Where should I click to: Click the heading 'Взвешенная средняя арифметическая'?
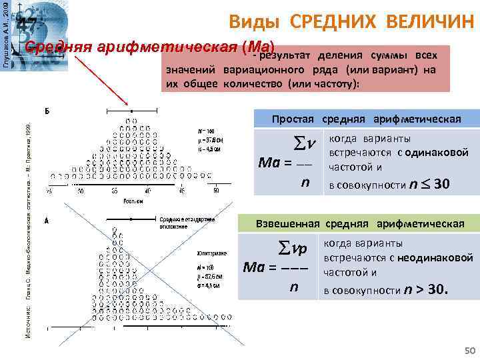click(x=361, y=223)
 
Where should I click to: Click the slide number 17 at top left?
click(x=27, y=25)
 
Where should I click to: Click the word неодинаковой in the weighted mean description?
click(x=436, y=257)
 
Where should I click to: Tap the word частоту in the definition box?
click(x=336, y=85)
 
